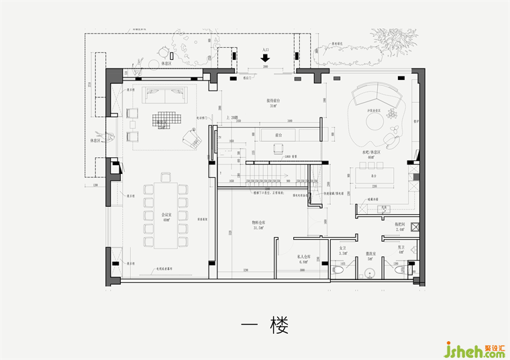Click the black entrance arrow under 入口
pos(266,57)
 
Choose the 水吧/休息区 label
pos(371,152)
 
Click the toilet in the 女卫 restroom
pos(338,269)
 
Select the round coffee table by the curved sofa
pos(373,121)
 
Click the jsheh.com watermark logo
pos(474,349)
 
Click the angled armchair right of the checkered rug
pos(194,139)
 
